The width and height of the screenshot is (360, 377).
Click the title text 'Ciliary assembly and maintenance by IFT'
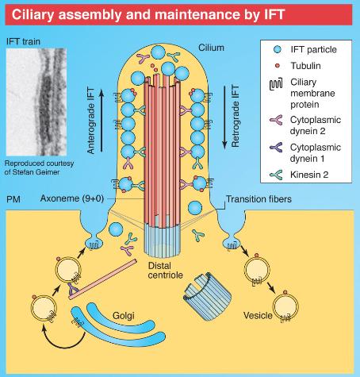tap(148, 14)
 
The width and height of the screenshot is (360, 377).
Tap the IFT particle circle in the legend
tap(278, 49)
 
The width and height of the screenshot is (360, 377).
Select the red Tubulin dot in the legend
tap(278, 66)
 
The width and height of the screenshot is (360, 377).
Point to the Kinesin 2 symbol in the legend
tap(276, 175)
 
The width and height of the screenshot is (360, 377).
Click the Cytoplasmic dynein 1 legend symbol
tap(276, 148)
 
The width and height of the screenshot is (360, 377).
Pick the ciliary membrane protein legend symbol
tap(276, 84)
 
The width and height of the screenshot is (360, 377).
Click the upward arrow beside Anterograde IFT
tap(101, 121)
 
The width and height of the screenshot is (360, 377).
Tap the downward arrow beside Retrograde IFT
tap(224, 117)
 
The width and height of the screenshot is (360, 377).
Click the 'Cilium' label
tap(211, 48)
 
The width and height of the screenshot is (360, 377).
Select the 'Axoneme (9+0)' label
tap(72, 198)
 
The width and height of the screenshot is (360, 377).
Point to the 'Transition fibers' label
tap(259, 199)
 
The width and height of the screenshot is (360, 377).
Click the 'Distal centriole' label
tap(166, 270)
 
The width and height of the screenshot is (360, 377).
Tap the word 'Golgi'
tap(124, 316)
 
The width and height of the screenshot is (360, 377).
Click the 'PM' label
tap(13, 199)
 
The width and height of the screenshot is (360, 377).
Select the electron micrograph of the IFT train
tap(36, 102)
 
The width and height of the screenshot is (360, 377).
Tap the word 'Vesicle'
tap(258, 315)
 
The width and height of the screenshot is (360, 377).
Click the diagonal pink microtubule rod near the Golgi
tap(103, 279)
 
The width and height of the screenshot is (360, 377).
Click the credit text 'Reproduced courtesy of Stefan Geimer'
tap(39, 167)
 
